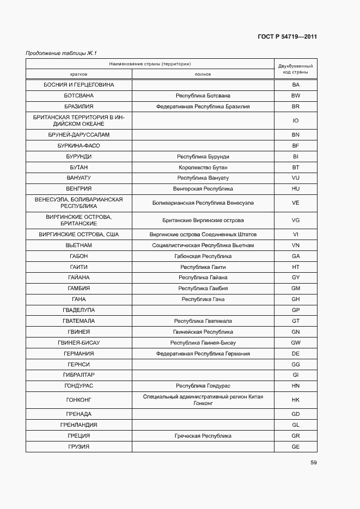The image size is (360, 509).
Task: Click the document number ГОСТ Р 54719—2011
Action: [x=286, y=37]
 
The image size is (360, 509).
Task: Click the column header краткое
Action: [x=78, y=74]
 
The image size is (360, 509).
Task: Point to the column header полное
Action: [x=203, y=74]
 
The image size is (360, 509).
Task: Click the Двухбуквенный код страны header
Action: [x=295, y=69]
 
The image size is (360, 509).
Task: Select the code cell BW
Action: [x=296, y=96]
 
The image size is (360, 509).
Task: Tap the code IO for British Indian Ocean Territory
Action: [x=296, y=121]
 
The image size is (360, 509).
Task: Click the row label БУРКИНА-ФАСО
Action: [x=78, y=146]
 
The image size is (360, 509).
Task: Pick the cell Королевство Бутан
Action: [x=203, y=167]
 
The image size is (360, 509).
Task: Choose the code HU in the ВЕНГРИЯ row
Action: [x=296, y=189]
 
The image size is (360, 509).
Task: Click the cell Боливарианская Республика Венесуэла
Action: [x=203, y=203]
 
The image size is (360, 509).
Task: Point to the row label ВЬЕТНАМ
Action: [x=78, y=246]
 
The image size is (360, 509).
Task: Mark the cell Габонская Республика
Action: [x=203, y=256]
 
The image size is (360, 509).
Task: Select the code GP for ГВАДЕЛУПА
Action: [x=296, y=310]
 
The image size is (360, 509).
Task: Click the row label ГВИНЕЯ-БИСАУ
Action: [x=78, y=343]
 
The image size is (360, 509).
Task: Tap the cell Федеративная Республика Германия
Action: [x=203, y=354]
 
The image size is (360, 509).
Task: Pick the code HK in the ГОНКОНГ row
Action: [x=296, y=400]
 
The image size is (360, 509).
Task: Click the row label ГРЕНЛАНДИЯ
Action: [x=78, y=425]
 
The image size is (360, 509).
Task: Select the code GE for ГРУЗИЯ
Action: [x=296, y=446]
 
